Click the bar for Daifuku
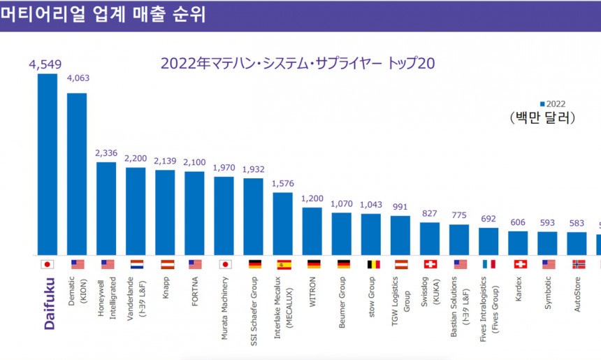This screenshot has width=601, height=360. coord(48,164)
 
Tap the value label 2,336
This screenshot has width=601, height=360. coord(106,153)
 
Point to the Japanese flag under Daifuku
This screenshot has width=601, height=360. coord(48,264)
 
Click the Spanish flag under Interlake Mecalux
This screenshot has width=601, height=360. coord(282,264)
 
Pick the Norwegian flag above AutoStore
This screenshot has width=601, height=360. coord(577,264)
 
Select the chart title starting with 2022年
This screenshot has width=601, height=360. coord(298,63)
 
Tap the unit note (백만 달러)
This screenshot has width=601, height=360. coord(542,117)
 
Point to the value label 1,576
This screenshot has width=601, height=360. coord(282,183)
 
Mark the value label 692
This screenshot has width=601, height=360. coord(488,219)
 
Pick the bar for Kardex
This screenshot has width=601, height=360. coord(518,242)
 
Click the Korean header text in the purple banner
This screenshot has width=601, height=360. coord(103,15)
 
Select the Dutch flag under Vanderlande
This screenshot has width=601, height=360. coord(136,264)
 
